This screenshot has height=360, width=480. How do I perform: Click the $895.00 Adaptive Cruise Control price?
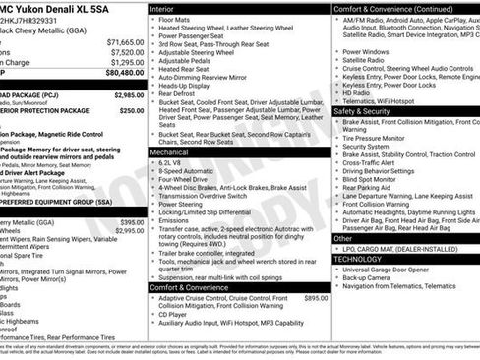coord(316,297)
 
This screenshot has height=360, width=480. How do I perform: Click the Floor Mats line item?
coord(179,19)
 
